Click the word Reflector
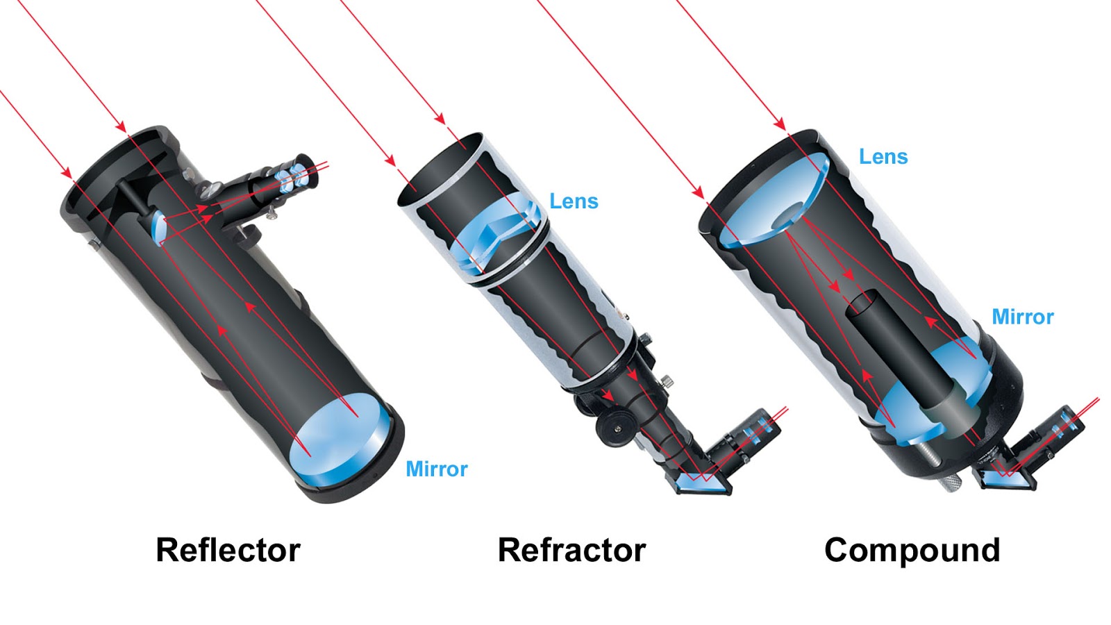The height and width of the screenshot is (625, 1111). tap(228, 550)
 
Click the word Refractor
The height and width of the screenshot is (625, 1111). tap(571, 550)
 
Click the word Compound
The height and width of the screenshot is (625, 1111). tap(912, 550)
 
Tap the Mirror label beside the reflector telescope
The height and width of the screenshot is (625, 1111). tap(436, 469)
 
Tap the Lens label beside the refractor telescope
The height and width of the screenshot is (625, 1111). tap(574, 201)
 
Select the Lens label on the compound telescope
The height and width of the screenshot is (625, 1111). tap(883, 157)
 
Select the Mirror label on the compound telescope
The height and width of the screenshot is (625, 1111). tap(1022, 317)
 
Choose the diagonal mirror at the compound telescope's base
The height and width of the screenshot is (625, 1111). tap(1007, 477)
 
